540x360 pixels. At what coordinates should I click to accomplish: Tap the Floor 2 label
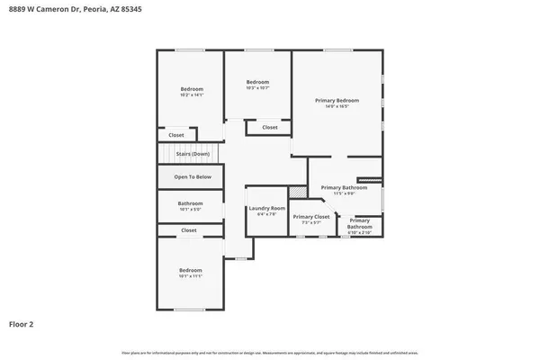[22, 323]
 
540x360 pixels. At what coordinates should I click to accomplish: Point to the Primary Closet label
[310, 217]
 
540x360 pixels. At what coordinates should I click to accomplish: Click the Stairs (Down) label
[193, 154]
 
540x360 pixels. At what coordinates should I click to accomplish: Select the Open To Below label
[193, 176]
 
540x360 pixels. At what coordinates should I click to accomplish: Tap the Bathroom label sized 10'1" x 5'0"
[191, 203]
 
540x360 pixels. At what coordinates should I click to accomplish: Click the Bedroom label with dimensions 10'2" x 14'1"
[192, 88]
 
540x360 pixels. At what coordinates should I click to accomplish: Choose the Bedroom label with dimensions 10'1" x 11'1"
[191, 270]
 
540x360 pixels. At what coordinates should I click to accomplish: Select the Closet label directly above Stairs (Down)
[176, 135]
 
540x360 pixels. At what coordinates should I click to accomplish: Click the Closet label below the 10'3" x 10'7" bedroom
[270, 128]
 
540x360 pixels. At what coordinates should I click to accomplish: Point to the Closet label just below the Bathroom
[189, 230]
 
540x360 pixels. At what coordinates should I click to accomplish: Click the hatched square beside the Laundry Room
[296, 193]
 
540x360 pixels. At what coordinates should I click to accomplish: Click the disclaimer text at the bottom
[270, 352]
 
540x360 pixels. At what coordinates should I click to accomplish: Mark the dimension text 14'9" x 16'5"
[337, 105]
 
